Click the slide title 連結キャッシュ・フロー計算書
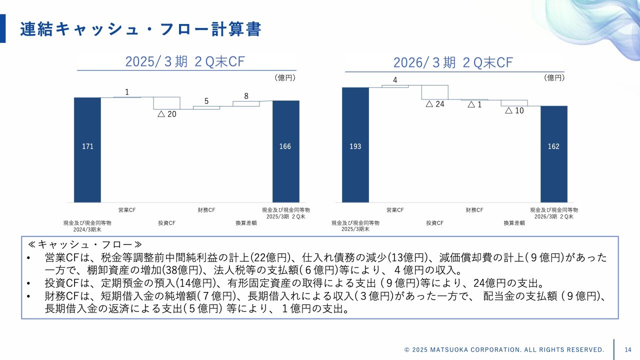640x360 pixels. click(140, 29)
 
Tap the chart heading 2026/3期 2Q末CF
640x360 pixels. click(453, 62)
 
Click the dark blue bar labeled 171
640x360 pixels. click(87, 149)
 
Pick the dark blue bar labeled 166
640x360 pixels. click(285, 151)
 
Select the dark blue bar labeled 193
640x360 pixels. click(355, 144)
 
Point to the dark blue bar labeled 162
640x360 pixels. click(553, 153)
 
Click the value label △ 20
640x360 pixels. click(167, 114)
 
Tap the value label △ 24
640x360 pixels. click(435, 104)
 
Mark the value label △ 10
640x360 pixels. click(514, 110)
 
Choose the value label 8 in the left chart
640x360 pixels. click(246, 96)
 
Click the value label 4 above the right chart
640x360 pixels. click(395, 80)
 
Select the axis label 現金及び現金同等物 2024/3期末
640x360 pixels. click(87, 226)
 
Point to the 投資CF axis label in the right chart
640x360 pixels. click(435, 223)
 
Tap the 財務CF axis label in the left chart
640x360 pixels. click(206, 210)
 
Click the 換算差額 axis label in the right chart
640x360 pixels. click(514, 223)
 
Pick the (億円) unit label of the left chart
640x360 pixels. click(285, 77)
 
